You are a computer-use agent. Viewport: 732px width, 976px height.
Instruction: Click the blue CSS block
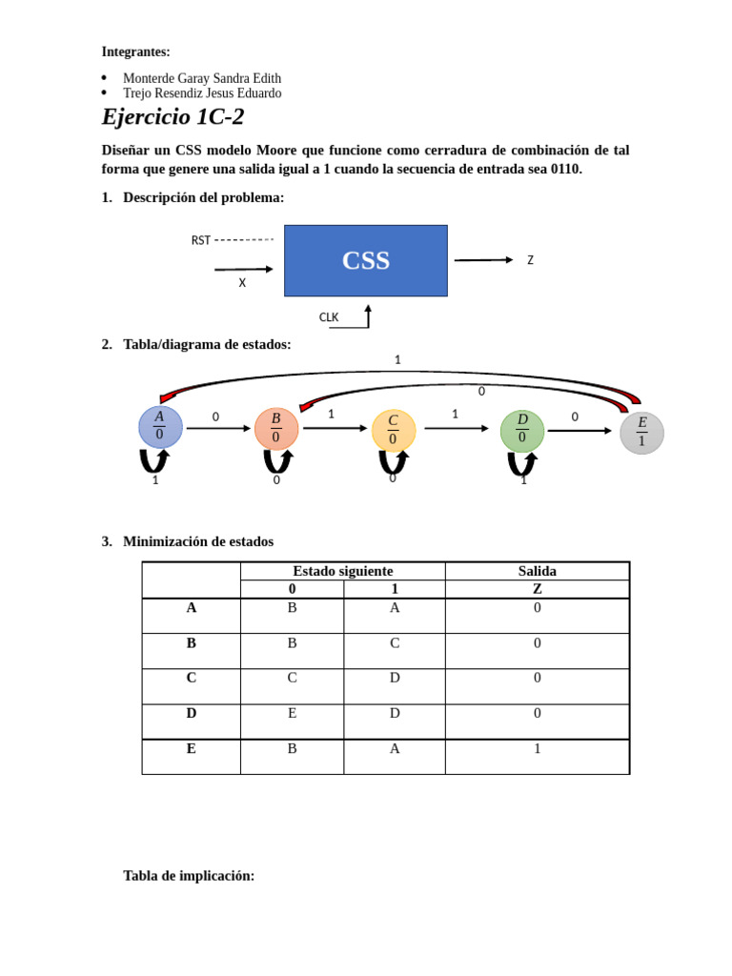[x=365, y=260]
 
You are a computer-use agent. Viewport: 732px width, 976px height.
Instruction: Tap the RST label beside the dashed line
[x=200, y=240]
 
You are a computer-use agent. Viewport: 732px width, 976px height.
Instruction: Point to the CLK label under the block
[x=329, y=317]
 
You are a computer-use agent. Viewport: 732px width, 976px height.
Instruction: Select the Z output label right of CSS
[x=530, y=260]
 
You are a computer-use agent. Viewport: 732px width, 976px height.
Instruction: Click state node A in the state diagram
[x=159, y=426]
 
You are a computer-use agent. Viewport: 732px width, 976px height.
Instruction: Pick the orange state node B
[x=275, y=428]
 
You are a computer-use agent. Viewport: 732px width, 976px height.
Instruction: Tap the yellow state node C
[x=393, y=430]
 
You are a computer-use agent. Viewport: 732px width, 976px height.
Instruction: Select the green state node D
[x=522, y=430]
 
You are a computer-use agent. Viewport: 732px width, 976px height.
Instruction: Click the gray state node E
[x=641, y=433]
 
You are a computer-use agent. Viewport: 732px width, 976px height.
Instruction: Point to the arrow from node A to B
[x=218, y=429]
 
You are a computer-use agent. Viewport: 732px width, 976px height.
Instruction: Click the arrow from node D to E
[x=579, y=431]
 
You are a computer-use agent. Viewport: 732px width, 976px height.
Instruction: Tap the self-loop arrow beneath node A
[x=154, y=461]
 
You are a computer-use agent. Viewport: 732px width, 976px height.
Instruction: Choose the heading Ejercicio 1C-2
[x=173, y=117]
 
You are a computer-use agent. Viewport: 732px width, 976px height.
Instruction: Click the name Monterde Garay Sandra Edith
[x=202, y=78]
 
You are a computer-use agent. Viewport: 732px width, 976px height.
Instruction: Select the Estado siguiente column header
[x=342, y=571]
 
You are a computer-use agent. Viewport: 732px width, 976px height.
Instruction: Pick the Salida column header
[x=537, y=571]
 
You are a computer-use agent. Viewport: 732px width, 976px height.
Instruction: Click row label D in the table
[x=191, y=713]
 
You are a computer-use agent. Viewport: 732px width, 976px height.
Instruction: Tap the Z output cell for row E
[x=537, y=749]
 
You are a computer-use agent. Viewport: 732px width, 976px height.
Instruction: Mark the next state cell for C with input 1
[x=395, y=678]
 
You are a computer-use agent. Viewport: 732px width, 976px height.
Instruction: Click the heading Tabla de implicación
[x=189, y=875]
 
